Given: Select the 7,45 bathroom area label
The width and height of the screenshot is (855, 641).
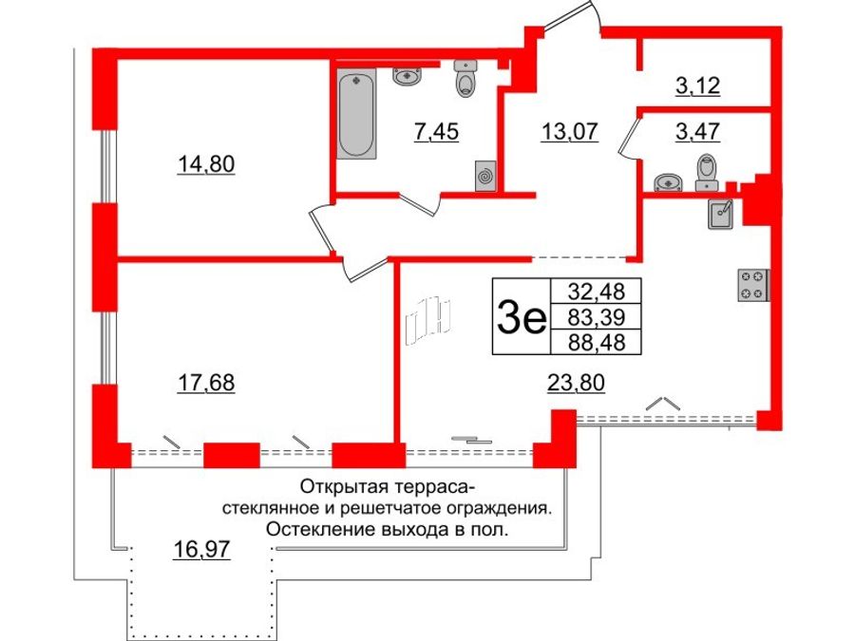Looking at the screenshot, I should point(435,132).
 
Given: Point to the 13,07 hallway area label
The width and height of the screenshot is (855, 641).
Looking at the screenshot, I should point(570,132).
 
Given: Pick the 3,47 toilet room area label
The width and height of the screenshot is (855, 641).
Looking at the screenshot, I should point(697,132).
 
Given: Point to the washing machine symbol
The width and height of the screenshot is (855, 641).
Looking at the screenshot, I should point(484,176).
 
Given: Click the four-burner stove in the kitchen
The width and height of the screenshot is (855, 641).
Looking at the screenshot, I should point(751,285).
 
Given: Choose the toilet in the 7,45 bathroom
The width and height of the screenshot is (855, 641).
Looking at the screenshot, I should point(465,82).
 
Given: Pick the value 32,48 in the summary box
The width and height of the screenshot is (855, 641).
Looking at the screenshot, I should point(597,290).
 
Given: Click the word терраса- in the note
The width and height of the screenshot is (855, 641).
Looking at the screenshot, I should point(433,487).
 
